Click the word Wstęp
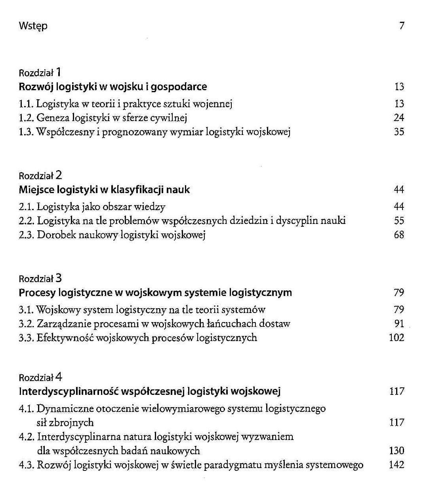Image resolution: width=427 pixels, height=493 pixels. pos(33,26)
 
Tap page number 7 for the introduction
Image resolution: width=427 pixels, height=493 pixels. pos(402,26)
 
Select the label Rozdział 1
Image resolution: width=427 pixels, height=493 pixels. pos(40,72)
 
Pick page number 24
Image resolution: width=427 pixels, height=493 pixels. pos(399,118)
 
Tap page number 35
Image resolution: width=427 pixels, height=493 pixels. pos(399,132)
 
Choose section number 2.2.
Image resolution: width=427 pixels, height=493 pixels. pos(27,221)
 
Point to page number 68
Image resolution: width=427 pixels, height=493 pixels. pos(399,235)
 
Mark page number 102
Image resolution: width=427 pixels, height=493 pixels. pos(396,338)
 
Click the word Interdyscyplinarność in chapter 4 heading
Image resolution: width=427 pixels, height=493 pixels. pos(68,392)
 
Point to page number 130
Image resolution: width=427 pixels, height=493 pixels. pos(396,451)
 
